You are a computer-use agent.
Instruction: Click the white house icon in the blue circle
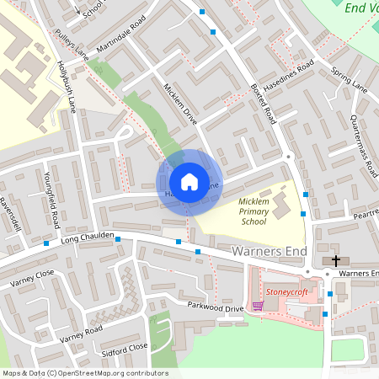[189, 182]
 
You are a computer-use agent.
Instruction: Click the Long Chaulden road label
[87, 242]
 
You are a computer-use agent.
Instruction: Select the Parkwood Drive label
[215, 307]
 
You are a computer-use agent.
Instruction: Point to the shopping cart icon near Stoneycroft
[258, 306]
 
